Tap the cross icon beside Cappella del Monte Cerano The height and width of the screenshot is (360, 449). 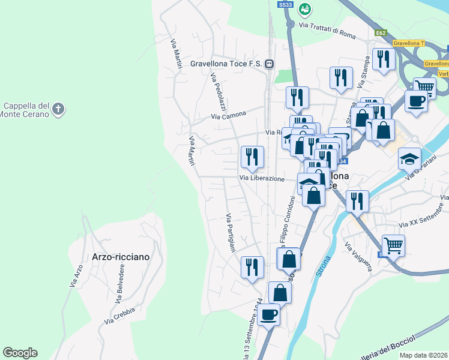pos(58,109)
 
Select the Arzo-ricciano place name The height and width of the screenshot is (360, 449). pos(121,256)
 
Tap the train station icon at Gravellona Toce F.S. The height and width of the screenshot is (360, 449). pos(271,63)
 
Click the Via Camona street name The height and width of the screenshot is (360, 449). pos(229,116)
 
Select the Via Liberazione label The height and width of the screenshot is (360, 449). pos(262,178)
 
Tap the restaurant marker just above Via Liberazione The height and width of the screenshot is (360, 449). pos(252,158)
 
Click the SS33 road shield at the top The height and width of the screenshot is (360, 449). pos(286,5)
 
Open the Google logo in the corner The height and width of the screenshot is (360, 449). pos(20,353)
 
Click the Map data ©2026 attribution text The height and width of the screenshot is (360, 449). pos(424,355)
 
